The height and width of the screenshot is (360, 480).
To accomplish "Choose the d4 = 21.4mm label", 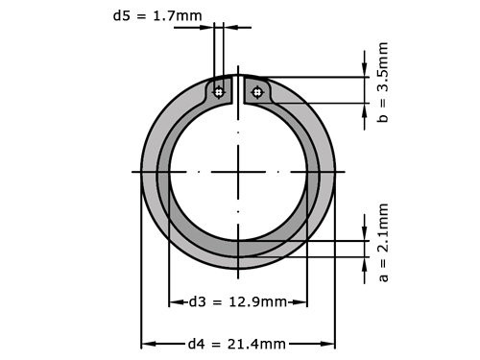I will [237, 343].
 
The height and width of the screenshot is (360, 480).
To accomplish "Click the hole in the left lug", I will [220, 92].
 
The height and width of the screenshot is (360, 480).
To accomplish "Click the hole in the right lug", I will [256, 92].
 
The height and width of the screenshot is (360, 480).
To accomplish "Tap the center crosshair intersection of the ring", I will [238, 172].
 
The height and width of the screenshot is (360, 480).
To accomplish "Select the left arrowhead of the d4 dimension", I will [146, 343].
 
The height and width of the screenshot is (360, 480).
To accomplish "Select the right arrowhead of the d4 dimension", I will [330, 343].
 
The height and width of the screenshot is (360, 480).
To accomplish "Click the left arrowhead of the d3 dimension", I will [173, 302].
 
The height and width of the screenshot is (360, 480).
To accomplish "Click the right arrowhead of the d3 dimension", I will [302, 302].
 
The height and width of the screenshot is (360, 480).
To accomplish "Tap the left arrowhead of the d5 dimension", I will [208, 27].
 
